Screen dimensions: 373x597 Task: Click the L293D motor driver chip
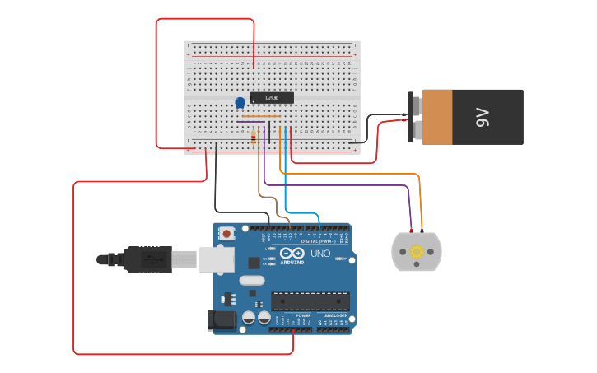(x=272, y=98)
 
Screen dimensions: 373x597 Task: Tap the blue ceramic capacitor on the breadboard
(x=240, y=103)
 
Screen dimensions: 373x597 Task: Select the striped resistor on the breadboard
(x=254, y=138)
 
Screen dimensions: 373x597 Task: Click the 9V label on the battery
(x=483, y=117)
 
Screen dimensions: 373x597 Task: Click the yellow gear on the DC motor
(x=417, y=251)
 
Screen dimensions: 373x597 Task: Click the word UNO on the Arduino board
(x=319, y=254)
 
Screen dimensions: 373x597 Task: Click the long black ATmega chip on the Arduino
(x=310, y=301)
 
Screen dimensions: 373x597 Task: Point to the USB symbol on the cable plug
(x=150, y=259)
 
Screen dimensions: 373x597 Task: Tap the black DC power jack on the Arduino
(x=223, y=320)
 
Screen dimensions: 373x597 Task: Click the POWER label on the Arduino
(x=303, y=315)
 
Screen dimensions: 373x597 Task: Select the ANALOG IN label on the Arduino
(x=334, y=315)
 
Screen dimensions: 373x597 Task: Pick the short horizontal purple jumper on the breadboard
(x=251, y=123)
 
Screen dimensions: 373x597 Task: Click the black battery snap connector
(x=415, y=117)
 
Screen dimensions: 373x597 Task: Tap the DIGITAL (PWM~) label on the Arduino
(x=319, y=240)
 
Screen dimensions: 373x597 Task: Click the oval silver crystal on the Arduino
(x=253, y=281)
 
